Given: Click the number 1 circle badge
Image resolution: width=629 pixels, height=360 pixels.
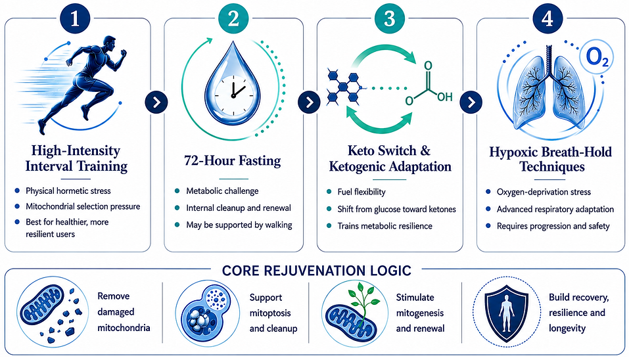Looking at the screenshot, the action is pos(75,19).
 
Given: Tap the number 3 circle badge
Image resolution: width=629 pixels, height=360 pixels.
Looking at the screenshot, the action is pos(390,18).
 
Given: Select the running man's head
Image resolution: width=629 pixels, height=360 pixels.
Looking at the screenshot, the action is pos(109,43).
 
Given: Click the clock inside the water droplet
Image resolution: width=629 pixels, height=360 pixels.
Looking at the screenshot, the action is pos(233,93).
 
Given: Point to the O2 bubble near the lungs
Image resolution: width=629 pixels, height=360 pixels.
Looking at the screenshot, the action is pos(597,58).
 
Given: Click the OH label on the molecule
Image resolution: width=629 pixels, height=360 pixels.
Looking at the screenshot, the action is pos(444,97).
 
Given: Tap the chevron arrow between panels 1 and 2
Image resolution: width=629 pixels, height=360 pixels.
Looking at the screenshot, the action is pos(156,102).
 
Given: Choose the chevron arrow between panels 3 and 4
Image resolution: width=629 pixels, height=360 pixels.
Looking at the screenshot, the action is pos(471,102).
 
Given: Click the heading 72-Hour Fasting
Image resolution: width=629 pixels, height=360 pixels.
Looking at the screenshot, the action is pos(233,160).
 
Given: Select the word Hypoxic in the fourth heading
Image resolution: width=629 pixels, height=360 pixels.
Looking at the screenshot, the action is pos(513,152).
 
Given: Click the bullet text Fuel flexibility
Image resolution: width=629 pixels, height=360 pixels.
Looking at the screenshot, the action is pos(361,192).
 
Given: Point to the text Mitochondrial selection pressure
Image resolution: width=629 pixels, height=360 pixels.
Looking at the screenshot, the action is pos(83,206).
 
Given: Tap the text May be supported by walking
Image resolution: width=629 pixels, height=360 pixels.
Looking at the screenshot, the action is pos(239,225).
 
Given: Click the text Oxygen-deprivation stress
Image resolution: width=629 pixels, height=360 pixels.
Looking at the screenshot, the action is pos(544,192).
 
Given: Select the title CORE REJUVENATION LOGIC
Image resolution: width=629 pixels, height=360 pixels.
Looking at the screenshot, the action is pos(317,271).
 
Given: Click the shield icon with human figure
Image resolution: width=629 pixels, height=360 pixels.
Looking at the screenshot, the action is pos(507,311).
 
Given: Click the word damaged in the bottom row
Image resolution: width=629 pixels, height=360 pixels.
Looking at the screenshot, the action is pos(116,312).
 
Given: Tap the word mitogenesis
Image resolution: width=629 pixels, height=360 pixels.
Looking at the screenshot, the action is pos(420,313).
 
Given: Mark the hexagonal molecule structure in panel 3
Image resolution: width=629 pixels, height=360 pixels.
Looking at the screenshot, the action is pos(343,87).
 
